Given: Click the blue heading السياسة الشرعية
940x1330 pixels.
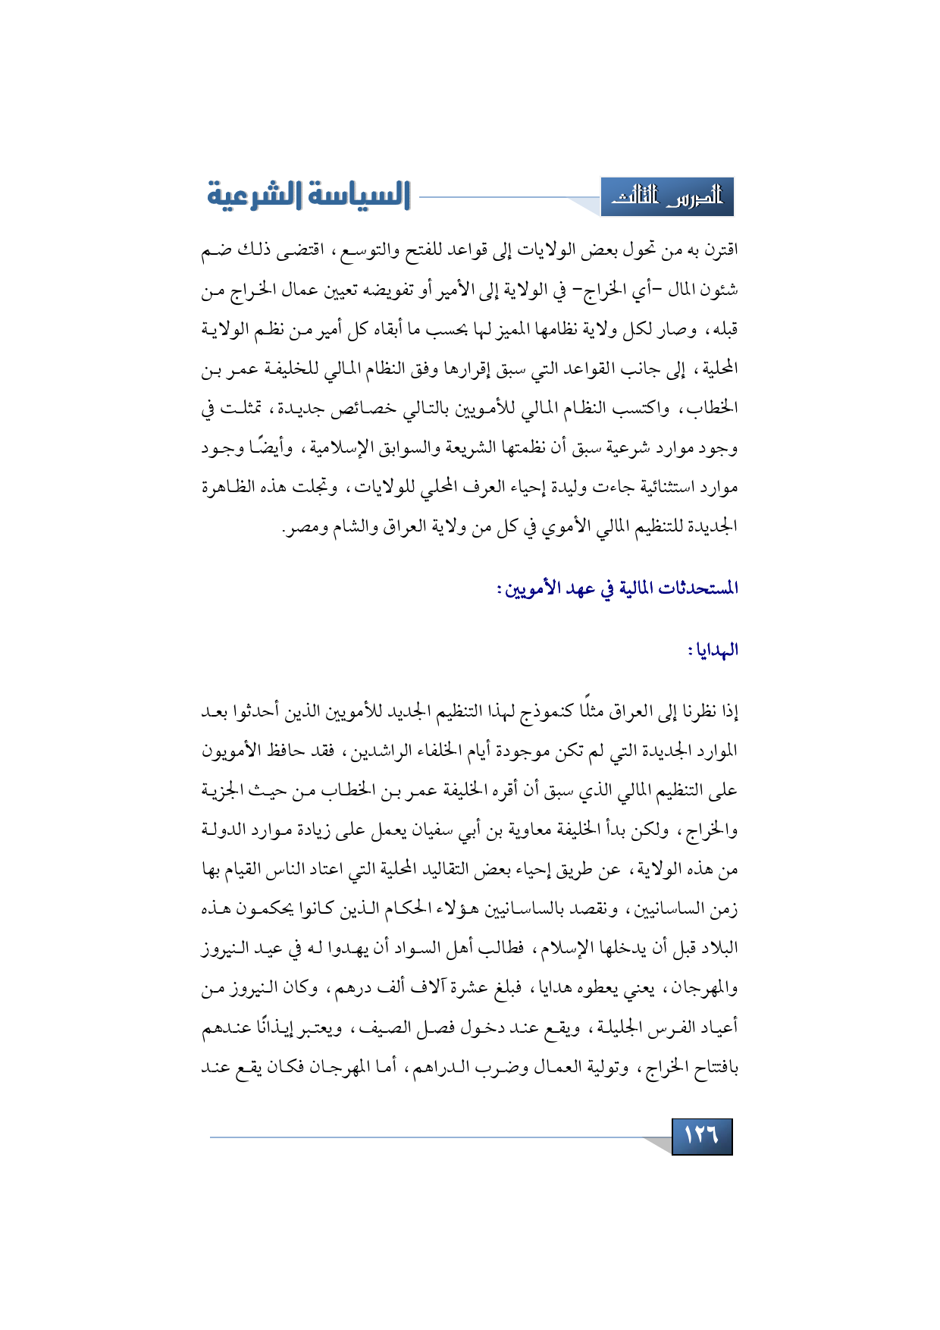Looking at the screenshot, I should click(309, 196).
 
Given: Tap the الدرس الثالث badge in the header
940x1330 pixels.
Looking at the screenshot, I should click(667, 197).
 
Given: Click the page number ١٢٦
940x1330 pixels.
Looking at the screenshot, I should click(701, 1136).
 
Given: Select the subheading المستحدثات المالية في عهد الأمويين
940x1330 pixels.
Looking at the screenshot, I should click(618, 588).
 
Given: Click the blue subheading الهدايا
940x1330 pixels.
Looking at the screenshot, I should click(713, 650).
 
